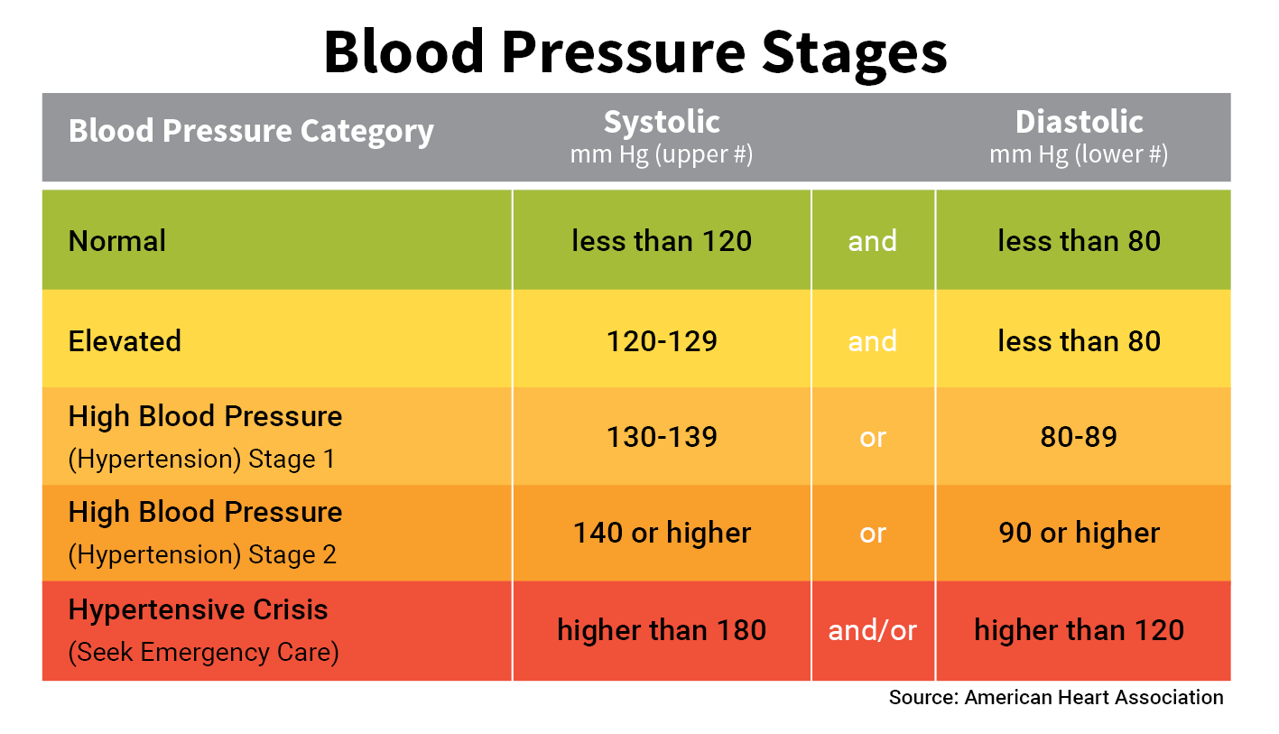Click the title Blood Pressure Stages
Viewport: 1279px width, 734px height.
[635, 52]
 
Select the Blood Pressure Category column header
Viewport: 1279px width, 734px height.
[251, 132]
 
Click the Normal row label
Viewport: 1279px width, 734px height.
[117, 241]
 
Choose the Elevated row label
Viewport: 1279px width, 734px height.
[125, 341]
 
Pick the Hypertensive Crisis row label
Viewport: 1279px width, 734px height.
[198, 609]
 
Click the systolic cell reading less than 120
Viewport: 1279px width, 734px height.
[662, 241]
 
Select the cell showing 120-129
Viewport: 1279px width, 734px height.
[663, 341]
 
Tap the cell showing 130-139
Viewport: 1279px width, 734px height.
[663, 437]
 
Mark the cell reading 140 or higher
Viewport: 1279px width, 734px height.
[662, 533]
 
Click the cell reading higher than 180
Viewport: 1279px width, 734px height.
[662, 630]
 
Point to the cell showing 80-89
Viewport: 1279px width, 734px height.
[1079, 437]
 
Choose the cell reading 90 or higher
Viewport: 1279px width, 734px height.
[1079, 533]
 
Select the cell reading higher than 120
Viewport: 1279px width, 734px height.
[1079, 630]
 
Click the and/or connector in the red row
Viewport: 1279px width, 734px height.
[872, 630]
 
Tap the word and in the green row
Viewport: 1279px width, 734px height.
[872, 241]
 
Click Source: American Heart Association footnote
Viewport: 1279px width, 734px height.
[1056, 697]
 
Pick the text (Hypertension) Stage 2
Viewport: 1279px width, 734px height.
[202, 553]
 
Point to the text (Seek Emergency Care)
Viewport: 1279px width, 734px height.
[203, 652]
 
